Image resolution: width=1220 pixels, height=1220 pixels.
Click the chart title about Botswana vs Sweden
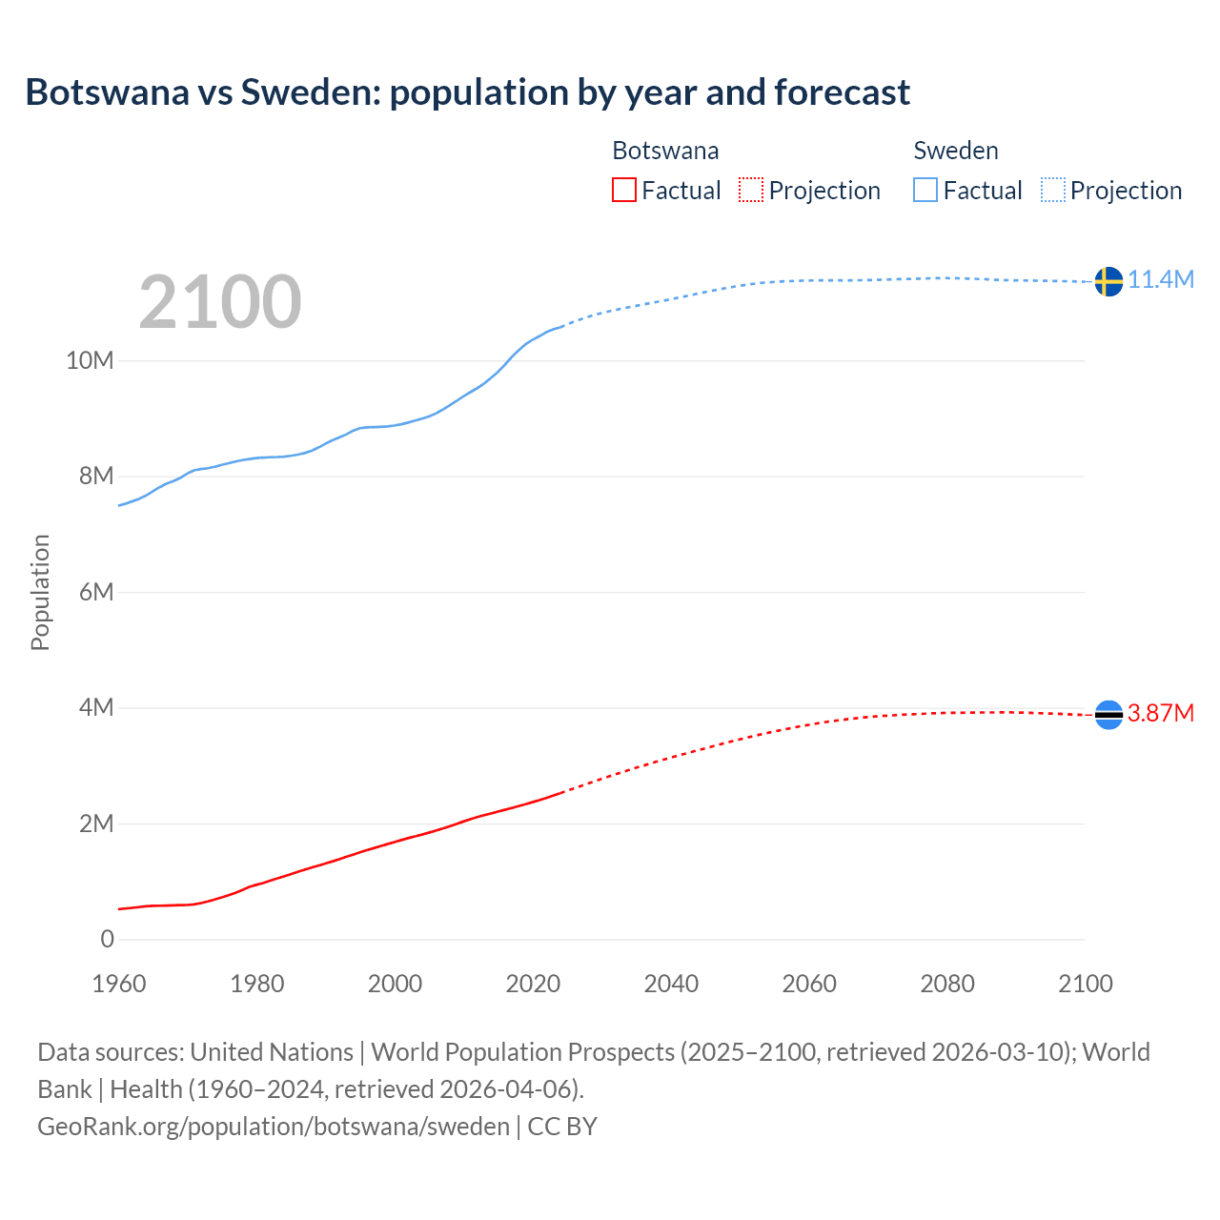467,92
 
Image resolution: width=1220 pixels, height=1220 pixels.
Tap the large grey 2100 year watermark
220,302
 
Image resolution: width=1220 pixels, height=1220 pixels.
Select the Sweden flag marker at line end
1108,281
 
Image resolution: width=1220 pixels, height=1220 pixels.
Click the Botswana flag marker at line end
1108,714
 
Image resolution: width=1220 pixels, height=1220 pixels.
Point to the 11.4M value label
1161,279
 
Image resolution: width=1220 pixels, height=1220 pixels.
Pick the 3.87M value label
1161,713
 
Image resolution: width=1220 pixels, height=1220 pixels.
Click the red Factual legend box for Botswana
624,190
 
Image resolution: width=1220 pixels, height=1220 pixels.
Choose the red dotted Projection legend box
751,190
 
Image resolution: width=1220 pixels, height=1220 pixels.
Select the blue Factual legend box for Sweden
925,190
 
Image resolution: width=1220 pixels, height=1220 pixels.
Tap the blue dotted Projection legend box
1053,190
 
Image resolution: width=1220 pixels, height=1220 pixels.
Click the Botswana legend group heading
665,151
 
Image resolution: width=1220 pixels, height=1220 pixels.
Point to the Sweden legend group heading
956,151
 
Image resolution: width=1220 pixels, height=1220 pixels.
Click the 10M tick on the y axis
90,360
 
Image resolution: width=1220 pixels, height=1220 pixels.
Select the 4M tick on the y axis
95,707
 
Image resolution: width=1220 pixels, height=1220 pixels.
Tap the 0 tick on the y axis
107,939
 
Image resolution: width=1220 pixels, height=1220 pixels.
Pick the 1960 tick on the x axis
119,984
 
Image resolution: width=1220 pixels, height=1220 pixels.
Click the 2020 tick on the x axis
533,984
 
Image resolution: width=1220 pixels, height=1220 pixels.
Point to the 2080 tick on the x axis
947,984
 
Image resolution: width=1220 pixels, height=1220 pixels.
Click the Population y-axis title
40,592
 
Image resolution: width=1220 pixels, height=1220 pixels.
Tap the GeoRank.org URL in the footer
274,1126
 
